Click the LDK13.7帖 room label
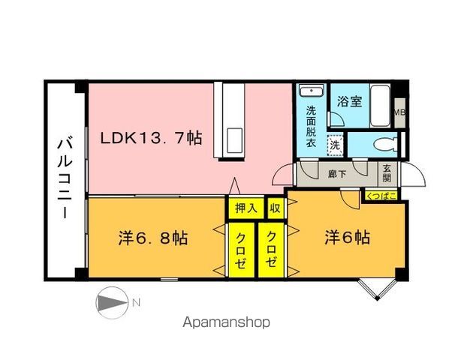[x=152, y=139]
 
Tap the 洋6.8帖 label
[x=152, y=239]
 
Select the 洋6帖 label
[x=347, y=238]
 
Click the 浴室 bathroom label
[x=350, y=101]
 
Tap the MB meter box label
[x=400, y=113]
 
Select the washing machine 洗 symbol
[x=336, y=143]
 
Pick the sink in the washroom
[x=310, y=92]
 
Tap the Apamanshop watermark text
[x=226, y=323]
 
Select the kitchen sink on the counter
[x=233, y=140]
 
